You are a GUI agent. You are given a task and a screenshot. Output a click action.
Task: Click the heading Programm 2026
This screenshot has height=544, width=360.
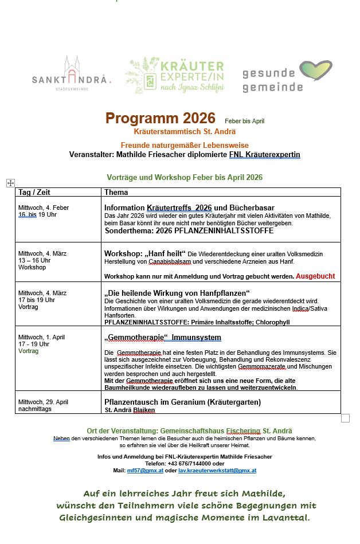[160, 119]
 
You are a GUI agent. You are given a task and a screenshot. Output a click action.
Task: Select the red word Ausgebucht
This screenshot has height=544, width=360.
[315, 276]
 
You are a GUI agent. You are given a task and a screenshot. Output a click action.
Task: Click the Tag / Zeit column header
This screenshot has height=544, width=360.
[34, 193]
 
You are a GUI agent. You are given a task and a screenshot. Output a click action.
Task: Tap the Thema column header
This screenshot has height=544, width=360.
[116, 193]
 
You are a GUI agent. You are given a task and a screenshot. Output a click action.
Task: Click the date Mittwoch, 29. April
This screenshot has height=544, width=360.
[44, 402]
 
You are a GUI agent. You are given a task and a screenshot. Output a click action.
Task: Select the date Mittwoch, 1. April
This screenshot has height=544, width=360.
[42, 337]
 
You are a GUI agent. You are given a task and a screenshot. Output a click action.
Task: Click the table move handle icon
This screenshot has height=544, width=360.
[10, 183]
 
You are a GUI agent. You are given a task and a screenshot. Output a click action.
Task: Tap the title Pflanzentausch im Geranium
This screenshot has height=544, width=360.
[182, 402]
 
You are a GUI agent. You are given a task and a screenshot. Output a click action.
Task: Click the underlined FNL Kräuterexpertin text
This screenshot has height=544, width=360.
[264, 155]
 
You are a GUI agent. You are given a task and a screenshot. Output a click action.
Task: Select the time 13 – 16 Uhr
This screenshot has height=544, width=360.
[34, 260]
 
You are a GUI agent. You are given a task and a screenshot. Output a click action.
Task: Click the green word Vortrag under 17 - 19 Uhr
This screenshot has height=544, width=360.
[29, 351]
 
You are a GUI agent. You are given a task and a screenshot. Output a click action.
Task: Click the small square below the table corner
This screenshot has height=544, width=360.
[345, 418]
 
